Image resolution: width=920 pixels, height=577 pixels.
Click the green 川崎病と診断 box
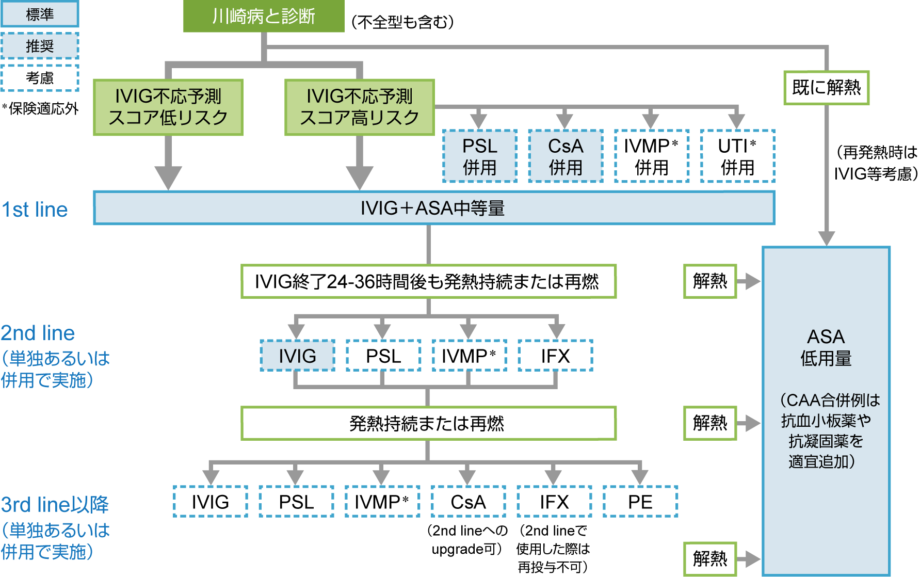(x=264, y=16)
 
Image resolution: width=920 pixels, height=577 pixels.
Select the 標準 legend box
(x=40, y=14)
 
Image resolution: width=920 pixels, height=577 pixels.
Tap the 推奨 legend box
(x=40, y=46)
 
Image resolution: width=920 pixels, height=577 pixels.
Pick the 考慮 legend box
(x=40, y=78)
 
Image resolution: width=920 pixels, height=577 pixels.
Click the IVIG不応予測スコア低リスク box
(x=168, y=107)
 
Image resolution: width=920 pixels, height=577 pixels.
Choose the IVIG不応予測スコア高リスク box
(x=360, y=107)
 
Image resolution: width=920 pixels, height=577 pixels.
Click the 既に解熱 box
(x=826, y=88)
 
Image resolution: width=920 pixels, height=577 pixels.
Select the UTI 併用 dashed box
(x=737, y=156)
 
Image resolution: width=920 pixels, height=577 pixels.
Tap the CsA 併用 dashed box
(x=566, y=156)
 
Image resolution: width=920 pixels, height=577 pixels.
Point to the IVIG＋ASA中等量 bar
(x=433, y=208)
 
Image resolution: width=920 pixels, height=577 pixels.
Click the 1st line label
(x=35, y=210)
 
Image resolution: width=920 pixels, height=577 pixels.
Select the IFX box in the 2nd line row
(x=555, y=356)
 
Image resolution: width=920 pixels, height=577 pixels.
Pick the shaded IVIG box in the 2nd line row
(x=297, y=356)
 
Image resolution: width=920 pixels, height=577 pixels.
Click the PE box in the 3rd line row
(x=640, y=502)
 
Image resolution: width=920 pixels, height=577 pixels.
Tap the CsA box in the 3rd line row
(x=468, y=502)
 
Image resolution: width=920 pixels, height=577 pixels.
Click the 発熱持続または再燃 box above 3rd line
(x=428, y=423)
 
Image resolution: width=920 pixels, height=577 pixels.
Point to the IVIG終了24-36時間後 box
(x=428, y=281)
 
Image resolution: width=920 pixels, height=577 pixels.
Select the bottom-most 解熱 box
(x=710, y=558)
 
